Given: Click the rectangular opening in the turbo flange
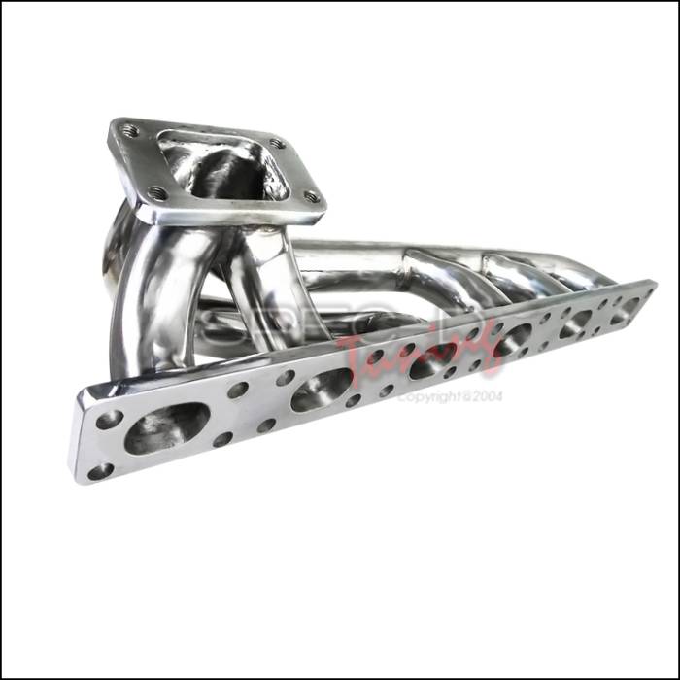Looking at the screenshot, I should click(x=221, y=166).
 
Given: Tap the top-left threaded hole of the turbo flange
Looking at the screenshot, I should click(x=130, y=131).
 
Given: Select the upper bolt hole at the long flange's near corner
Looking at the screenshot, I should click(x=110, y=420).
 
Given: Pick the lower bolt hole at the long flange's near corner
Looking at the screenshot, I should click(x=101, y=471).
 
